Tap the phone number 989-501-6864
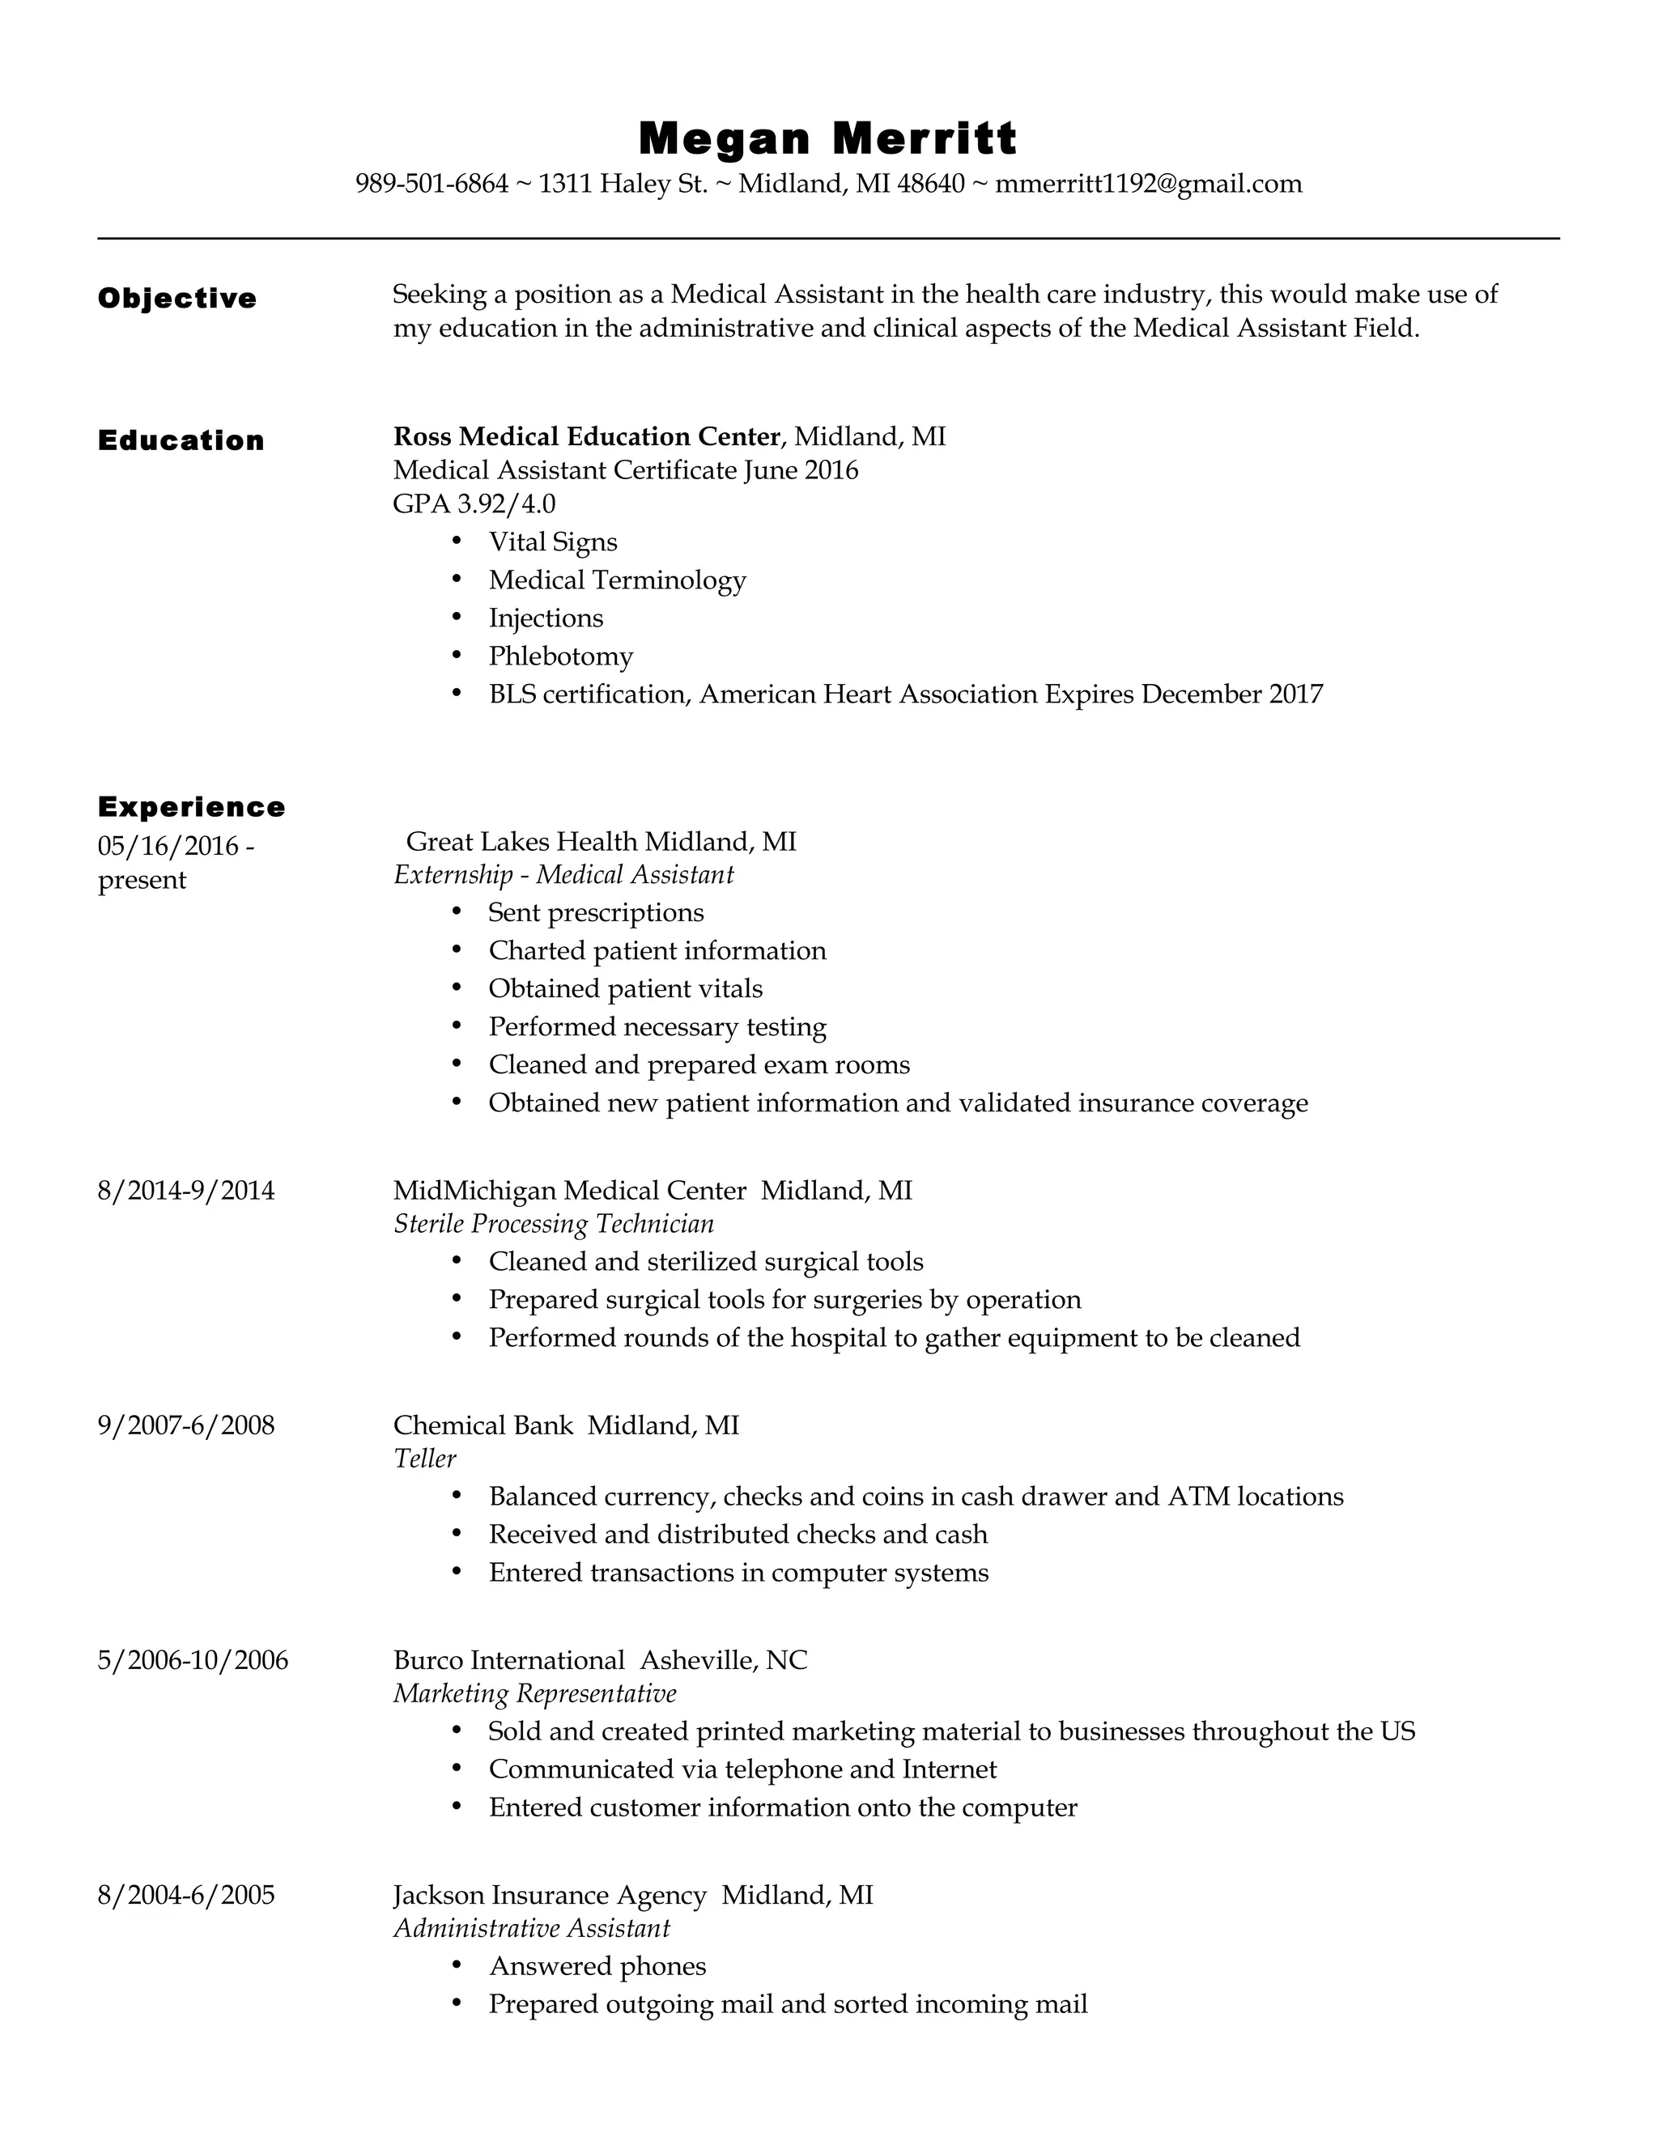[432, 184]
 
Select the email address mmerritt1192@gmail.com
[1148, 184]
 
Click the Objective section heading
[176, 299]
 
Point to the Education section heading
[181, 440]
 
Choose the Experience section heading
[192, 806]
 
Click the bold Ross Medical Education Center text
[586, 436]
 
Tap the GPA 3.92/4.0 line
[474, 503]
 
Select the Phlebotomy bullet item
[561, 656]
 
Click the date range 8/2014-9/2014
[185, 1191]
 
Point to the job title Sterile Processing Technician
[553, 1224]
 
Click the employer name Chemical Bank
[483, 1425]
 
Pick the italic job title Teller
[424, 1459]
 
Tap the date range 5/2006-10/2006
[193, 1660]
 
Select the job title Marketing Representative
[534, 1693]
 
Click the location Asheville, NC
[724, 1660]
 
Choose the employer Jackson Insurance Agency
[549, 1895]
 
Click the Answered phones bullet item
[597, 1966]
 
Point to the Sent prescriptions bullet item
[596, 912]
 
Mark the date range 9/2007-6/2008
[185, 1425]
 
